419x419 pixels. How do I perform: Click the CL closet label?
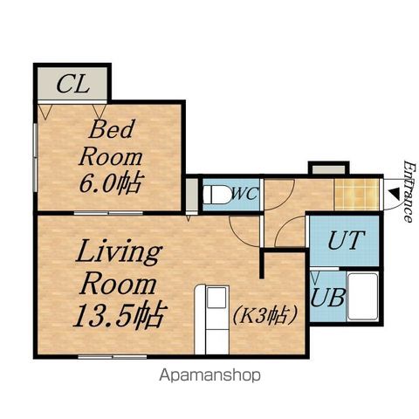pyautogui.click(x=72, y=84)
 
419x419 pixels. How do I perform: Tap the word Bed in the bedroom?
pyautogui.click(x=112, y=129)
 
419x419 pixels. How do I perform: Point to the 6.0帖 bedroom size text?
pyautogui.click(x=111, y=183)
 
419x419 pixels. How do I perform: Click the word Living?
pyautogui.click(x=119, y=252)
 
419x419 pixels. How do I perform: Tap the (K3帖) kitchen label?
pyautogui.click(x=265, y=315)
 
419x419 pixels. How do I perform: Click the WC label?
pyautogui.click(x=244, y=194)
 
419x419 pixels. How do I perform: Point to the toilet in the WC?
pyautogui.click(x=216, y=195)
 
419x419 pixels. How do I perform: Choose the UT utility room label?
pyautogui.click(x=347, y=240)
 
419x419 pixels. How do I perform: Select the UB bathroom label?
pyautogui.click(x=328, y=298)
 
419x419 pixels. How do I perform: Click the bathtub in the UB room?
pyautogui.click(x=363, y=297)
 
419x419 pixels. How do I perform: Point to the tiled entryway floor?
pyautogui.click(x=357, y=194)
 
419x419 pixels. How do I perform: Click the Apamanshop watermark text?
pyautogui.click(x=209, y=375)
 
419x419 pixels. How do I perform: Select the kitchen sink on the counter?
pyautogui.click(x=216, y=298)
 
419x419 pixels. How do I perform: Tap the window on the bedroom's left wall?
pyautogui.click(x=35, y=158)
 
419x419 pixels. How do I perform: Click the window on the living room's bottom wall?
pyautogui.click(x=113, y=357)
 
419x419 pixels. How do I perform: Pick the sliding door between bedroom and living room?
pyautogui.click(x=108, y=213)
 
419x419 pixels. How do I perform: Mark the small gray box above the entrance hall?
pyautogui.click(x=329, y=169)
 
